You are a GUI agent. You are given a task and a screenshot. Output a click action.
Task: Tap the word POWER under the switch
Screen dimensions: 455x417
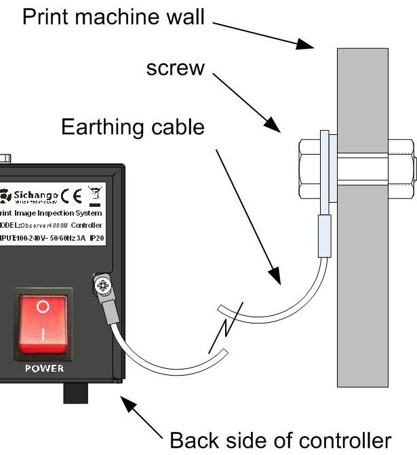(x=44, y=368)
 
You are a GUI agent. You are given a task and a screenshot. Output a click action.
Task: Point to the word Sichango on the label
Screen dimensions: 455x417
(x=33, y=195)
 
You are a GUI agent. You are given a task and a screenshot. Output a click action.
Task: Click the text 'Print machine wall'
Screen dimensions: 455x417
(x=113, y=17)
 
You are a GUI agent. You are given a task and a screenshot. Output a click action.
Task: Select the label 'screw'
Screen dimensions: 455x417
(x=176, y=68)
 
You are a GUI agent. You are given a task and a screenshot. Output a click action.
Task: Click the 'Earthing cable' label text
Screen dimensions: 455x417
(x=133, y=127)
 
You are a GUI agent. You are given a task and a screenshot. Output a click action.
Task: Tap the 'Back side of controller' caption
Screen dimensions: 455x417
(x=280, y=440)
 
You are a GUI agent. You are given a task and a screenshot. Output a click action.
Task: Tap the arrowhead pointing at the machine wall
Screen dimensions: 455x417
(x=306, y=45)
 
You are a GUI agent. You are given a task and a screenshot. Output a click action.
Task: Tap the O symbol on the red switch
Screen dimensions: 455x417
(x=43, y=306)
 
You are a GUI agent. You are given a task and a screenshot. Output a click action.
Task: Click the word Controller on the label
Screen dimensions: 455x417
(x=86, y=224)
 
